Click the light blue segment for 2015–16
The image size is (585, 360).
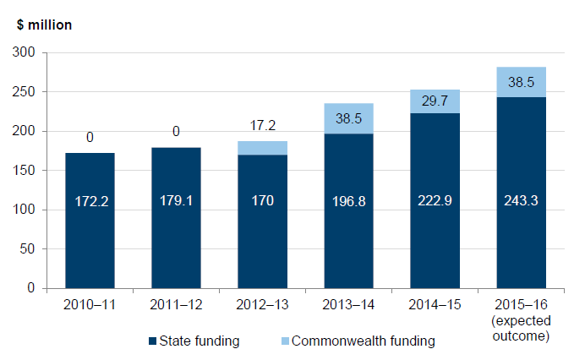(x=521, y=82)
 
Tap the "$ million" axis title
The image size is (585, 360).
(x=44, y=25)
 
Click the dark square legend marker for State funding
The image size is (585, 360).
(x=152, y=341)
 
